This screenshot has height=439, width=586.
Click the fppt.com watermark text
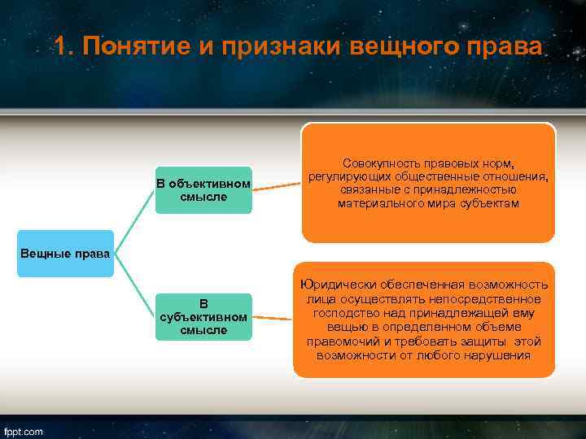(x=24, y=432)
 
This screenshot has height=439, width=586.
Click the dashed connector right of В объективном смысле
(x=277, y=187)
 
